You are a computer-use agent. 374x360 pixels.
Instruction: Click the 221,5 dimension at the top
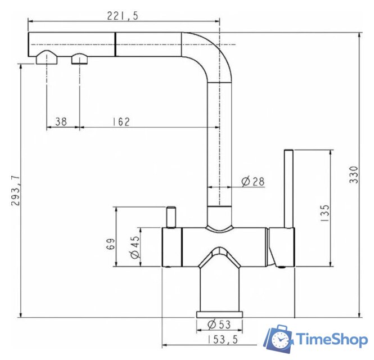point(122,16)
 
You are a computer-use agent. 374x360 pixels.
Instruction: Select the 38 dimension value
point(61,121)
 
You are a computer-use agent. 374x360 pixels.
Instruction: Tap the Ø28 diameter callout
point(253,181)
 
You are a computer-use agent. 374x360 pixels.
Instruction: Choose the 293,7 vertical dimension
point(15,191)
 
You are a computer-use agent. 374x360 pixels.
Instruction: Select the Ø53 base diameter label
point(218,325)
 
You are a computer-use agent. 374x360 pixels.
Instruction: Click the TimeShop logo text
point(331,339)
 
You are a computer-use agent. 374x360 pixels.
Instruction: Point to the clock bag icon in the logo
point(279,339)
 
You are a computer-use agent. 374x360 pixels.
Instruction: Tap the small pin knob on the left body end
point(170,217)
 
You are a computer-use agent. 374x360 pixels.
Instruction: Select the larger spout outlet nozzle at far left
point(47,58)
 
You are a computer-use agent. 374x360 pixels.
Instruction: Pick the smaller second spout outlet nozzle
point(79,58)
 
